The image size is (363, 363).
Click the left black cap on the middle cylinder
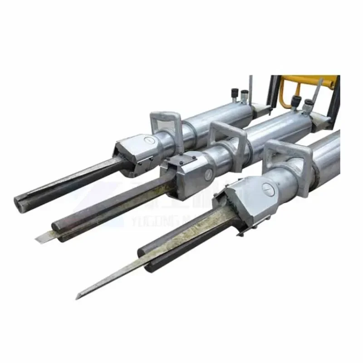click(x=296, y=101)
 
